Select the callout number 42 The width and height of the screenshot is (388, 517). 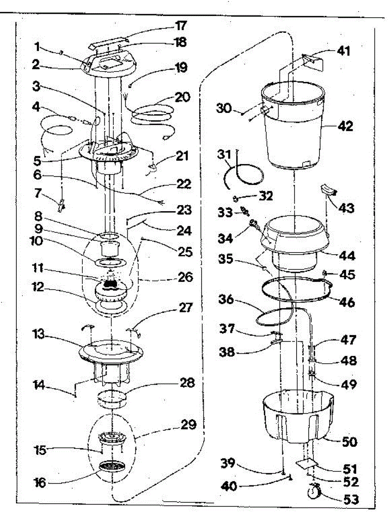345,127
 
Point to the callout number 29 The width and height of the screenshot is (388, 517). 188,426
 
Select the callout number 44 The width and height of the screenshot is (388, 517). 347,256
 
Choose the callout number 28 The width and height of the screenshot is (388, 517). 188,383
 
